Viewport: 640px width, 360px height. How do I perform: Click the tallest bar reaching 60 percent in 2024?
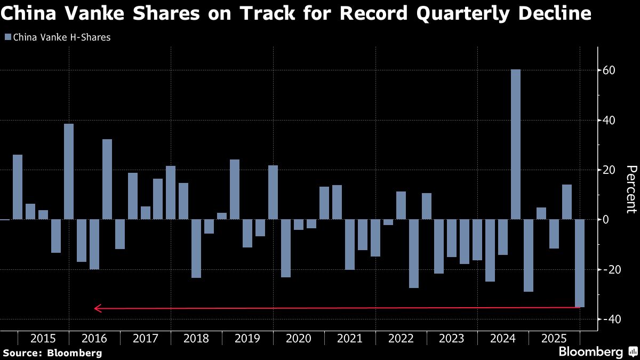point(515,144)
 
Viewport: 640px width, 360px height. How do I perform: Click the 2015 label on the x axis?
point(43,339)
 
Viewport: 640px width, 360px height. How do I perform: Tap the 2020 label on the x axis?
point(299,339)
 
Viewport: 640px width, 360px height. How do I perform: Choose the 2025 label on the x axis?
point(554,339)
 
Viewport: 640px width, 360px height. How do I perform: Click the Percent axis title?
point(631,189)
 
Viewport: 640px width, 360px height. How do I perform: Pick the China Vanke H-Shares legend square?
point(7,37)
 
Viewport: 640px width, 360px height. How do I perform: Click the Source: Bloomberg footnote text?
point(52,353)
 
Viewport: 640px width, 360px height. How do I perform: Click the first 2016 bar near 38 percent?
point(69,171)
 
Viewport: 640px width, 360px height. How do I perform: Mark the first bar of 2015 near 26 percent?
point(18,187)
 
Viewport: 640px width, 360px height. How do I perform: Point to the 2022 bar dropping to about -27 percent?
point(413,253)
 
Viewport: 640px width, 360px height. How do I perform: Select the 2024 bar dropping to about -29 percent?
point(528,255)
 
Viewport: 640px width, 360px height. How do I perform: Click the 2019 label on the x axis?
point(247,339)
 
